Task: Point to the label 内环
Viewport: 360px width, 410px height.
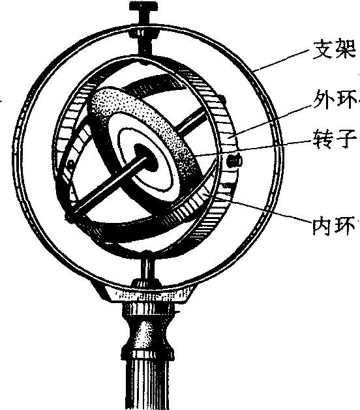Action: (x=335, y=226)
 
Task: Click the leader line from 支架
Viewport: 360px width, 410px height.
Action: (x=282, y=60)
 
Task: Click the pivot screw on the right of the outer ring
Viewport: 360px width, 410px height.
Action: (x=233, y=161)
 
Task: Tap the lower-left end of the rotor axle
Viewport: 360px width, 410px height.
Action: (x=70, y=216)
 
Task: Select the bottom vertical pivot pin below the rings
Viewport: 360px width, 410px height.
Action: (x=147, y=269)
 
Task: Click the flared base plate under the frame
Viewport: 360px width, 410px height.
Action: (x=147, y=293)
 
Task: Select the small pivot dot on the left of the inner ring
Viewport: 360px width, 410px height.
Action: (x=70, y=164)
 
